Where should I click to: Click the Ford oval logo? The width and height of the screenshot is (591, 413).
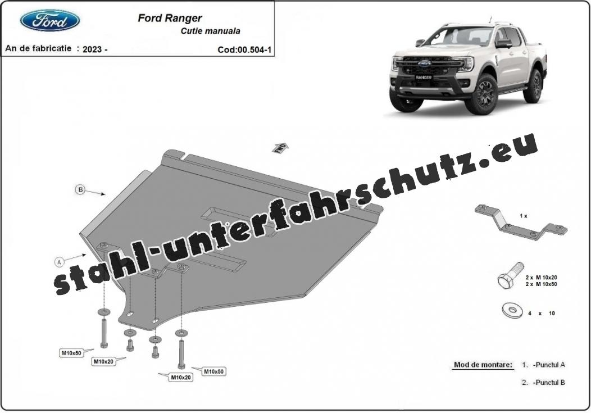click(x=50, y=20)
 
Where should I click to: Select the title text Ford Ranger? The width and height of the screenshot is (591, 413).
click(x=170, y=18)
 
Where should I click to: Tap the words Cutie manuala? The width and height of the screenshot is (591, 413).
click(x=210, y=31)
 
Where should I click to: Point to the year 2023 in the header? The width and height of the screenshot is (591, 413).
click(x=92, y=49)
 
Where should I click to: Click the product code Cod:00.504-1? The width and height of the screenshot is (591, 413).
click(x=244, y=50)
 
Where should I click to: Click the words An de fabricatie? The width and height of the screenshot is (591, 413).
click(x=38, y=48)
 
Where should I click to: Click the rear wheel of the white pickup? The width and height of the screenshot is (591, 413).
click(x=533, y=85)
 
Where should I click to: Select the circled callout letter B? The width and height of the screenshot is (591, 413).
click(x=80, y=189)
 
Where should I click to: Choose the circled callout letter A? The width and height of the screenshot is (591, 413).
click(x=59, y=261)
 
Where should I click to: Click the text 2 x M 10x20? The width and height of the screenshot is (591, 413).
click(x=541, y=278)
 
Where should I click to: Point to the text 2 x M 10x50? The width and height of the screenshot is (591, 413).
click(x=541, y=284)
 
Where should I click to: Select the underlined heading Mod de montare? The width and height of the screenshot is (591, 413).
click(x=483, y=365)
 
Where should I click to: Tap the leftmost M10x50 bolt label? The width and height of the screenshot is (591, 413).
click(x=71, y=353)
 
